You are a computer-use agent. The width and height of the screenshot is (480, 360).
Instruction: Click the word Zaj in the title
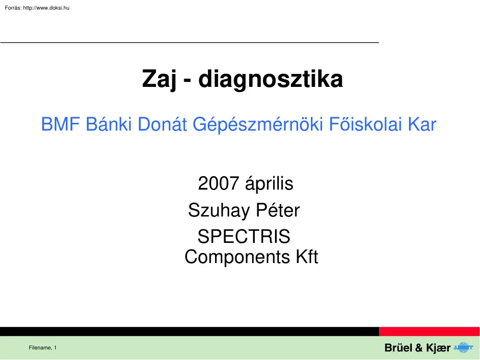pos(160,80)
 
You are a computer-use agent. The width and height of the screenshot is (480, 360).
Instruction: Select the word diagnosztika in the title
pos(271,80)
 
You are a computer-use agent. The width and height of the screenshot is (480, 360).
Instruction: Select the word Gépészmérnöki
pos(258,125)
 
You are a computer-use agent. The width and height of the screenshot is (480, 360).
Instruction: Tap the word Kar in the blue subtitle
pos(422,125)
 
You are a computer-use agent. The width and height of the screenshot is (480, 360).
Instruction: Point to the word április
pos(269,184)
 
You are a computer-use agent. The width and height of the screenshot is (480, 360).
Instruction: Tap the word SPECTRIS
pos(244,237)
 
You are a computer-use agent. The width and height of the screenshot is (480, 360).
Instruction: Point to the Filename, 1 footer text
pos(43,348)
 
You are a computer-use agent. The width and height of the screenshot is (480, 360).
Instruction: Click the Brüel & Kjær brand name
pos(417,348)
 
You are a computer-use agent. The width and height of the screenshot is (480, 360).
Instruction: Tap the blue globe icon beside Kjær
pos(463,348)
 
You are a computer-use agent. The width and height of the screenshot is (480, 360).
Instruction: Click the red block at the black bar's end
pos(429,331)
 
